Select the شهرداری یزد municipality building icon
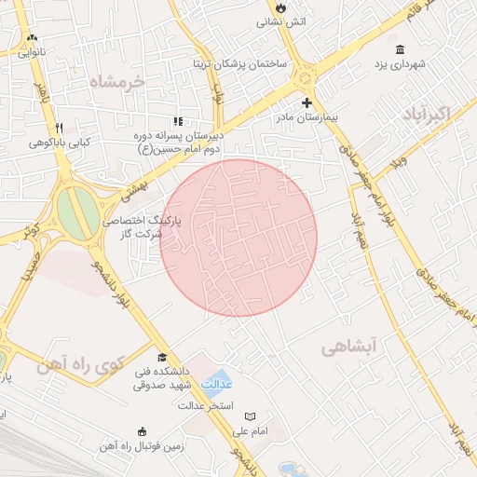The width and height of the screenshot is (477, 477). point(400,49)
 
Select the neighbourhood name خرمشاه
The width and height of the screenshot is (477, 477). point(118,82)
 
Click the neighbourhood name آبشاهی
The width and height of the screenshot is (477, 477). point(348,348)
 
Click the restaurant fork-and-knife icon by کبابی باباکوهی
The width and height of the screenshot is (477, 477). point(59,128)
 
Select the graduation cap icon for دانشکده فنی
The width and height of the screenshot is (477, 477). point(162,358)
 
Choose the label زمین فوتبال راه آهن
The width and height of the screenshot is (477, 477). point(142,446)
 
